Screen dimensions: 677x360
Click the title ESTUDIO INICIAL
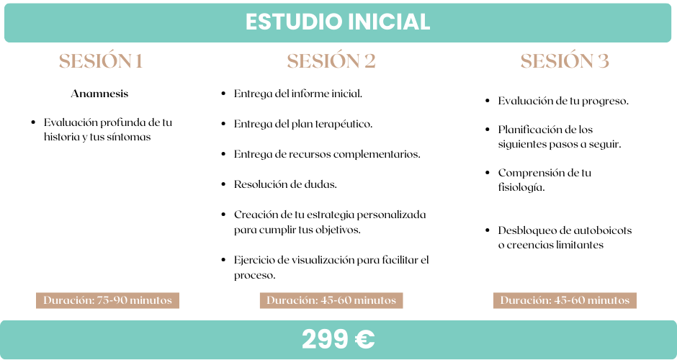click(x=338, y=22)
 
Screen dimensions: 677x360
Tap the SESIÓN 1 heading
click(x=101, y=61)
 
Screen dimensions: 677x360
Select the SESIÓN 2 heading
click(x=331, y=61)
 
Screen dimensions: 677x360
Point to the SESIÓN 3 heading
click(x=565, y=61)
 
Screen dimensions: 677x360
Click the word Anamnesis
click(x=99, y=94)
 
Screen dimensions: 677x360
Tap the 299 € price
click(x=338, y=339)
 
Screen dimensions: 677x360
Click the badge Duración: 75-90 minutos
click(x=107, y=300)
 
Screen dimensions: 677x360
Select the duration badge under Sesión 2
click(x=331, y=300)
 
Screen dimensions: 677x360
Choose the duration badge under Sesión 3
click(x=565, y=300)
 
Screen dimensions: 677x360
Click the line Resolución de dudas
click(x=285, y=184)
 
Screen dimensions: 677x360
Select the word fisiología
click(x=521, y=188)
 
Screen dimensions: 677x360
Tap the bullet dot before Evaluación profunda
click(x=33, y=122)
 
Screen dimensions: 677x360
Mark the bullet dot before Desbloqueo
click(x=488, y=230)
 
